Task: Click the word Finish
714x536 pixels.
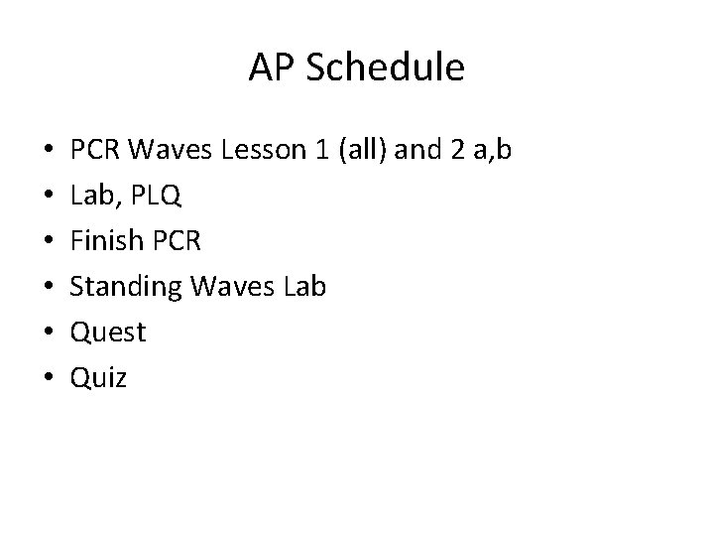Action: (x=104, y=241)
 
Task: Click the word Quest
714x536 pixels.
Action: (x=108, y=332)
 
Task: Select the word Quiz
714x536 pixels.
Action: (x=98, y=376)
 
